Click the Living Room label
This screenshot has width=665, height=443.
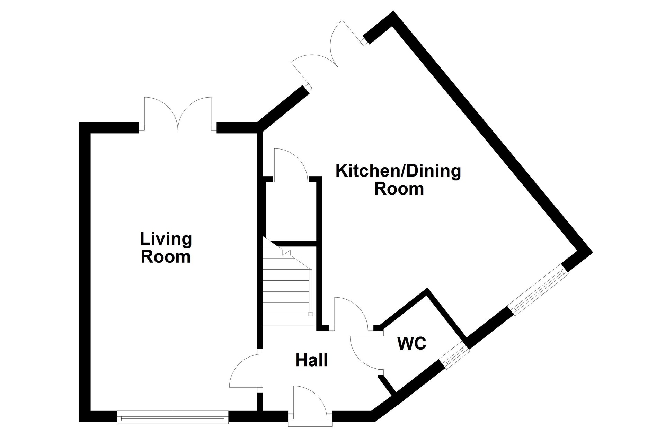pyautogui.click(x=166, y=248)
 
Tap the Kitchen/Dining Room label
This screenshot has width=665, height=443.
pyautogui.click(x=399, y=180)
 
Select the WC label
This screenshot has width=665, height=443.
pyautogui.click(x=412, y=344)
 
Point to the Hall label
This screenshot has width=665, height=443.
pyautogui.click(x=312, y=360)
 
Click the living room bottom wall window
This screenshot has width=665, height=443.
pyautogui.click(x=172, y=417)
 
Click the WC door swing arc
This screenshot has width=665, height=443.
pyautogui.click(x=360, y=356)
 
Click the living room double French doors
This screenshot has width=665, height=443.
pyautogui.click(x=178, y=114)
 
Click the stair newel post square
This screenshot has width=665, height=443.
pyautogui.click(x=310, y=314)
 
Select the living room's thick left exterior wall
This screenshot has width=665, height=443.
pyautogui.click(x=85, y=272)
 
